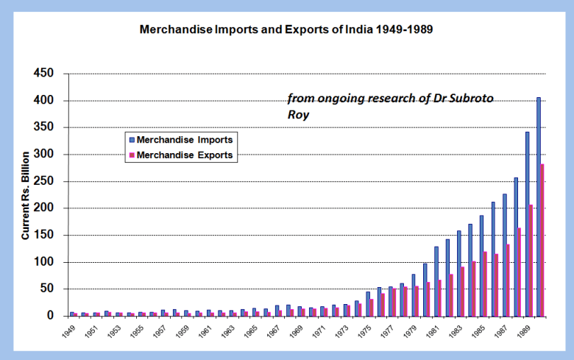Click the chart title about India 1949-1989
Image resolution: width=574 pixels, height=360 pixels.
(x=286, y=32)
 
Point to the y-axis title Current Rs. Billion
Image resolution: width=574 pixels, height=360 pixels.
(x=26, y=195)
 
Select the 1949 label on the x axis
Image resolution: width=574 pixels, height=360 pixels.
(x=69, y=331)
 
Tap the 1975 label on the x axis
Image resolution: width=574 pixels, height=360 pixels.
(x=364, y=331)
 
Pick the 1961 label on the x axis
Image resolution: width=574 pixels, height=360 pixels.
(x=205, y=331)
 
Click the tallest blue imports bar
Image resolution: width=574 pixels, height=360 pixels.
(x=539, y=206)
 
